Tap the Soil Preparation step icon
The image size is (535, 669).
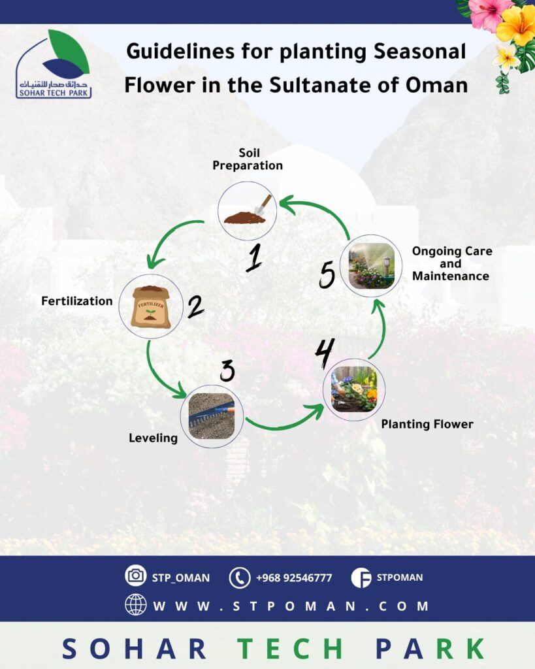pos(247,210)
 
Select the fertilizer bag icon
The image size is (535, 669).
pos(150,306)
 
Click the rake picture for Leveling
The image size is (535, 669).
pos(212,416)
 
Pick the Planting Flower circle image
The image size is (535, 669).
pos(354,389)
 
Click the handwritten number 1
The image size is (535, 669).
pos(253,257)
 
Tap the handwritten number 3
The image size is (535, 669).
pos(227,370)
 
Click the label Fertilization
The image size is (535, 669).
pos(76,301)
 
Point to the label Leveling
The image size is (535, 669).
pos(153,438)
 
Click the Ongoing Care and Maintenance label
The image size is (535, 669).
pos(451,263)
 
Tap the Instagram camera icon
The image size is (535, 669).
pos(136,576)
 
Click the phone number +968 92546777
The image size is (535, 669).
pos(293,578)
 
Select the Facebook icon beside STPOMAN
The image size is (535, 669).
pos(361,578)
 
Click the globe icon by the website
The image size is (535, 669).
pos(136,605)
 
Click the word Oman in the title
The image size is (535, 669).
pos(430,85)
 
